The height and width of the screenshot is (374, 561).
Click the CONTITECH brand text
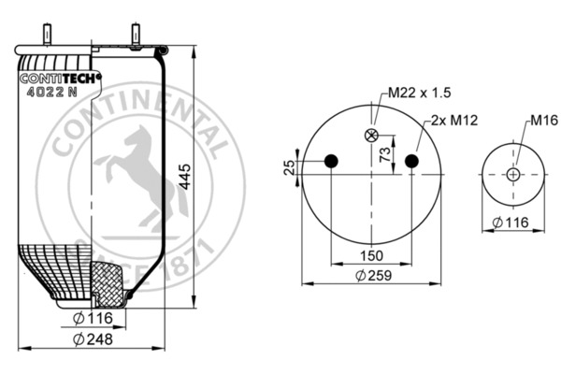[x=57, y=79]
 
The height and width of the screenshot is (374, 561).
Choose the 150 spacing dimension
[x=372, y=255]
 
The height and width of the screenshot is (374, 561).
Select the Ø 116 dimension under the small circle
[x=512, y=222]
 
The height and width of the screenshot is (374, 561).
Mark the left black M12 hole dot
[x=330, y=162]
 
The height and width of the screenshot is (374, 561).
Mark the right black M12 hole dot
[x=412, y=162]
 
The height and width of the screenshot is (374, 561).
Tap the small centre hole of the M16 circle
[x=513, y=174]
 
